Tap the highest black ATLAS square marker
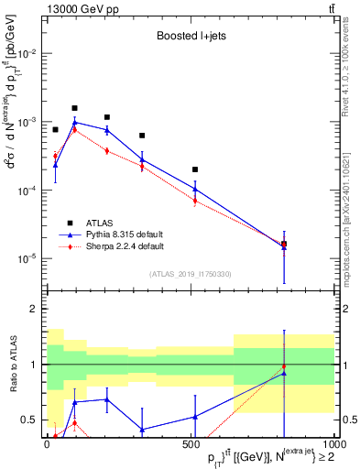tap(75, 108)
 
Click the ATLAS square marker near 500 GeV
tap(195, 169)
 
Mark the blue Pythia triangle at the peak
tap(75, 122)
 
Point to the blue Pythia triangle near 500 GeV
tap(195, 190)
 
